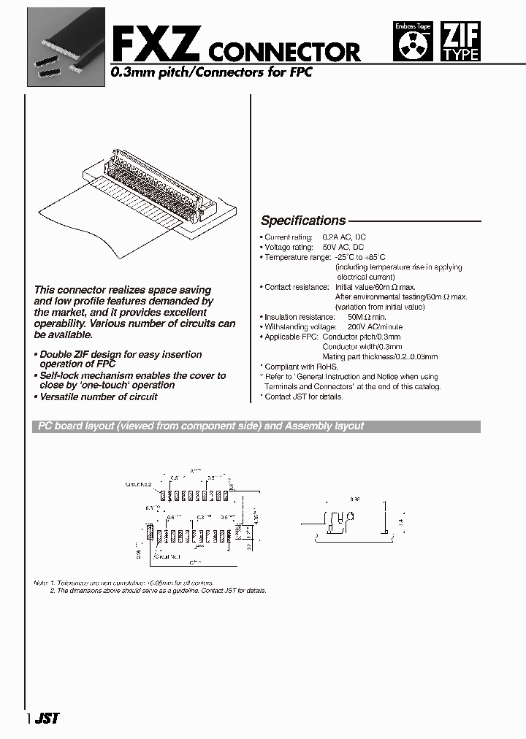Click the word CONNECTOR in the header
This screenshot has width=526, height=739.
(x=285, y=52)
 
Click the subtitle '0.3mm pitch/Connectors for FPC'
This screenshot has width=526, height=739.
(x=211, y=73)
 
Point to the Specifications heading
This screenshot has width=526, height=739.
(x=303, y=221)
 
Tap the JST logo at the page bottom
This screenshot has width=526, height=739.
(x=46, y=718)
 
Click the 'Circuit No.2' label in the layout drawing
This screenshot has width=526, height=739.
(x=138, y=484)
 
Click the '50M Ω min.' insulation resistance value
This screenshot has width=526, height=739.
(x=357, y=317)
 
